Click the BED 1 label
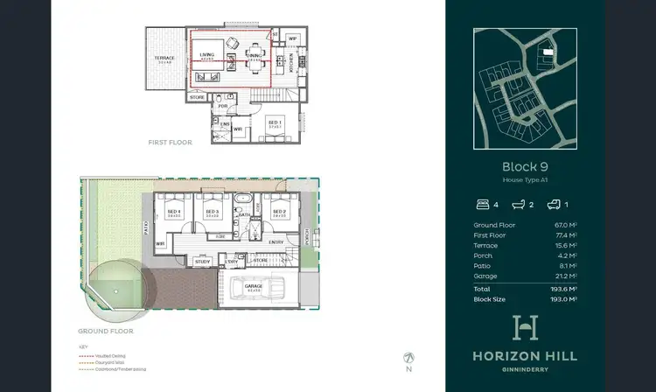click(x=274, y=123)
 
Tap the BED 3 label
click(x=211, y=211)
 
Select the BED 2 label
click(x=279, y=211)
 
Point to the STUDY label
click(x=202, y=260)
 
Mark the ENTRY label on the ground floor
click(x=276, y=242)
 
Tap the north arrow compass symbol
click(x=409, y=358)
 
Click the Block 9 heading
click(x=525, y=166)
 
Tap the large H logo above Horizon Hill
click(x=525, y=328)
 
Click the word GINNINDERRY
click(x=525, y=368)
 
